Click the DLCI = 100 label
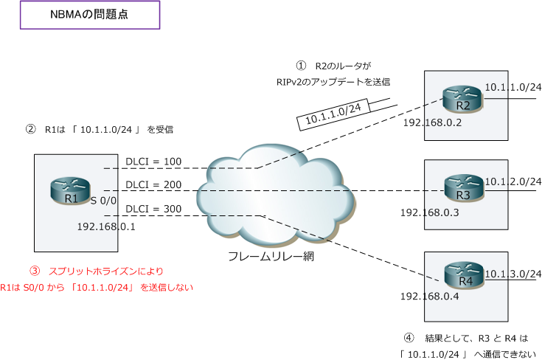point(153,162)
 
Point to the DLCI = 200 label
point(153,184)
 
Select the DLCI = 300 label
point(153,209)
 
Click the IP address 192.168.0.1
point(107,226)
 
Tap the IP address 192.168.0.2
point(432,122)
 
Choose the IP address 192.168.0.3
point(430,212)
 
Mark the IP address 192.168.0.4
point(430,297)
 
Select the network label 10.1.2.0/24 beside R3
point(513,181)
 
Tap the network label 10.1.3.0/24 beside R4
point(513,273)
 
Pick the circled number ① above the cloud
point(300,66)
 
